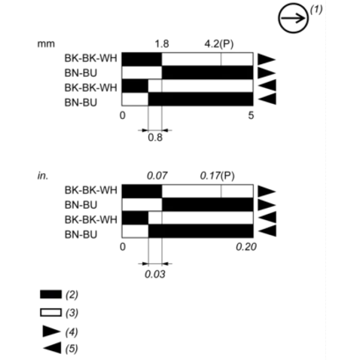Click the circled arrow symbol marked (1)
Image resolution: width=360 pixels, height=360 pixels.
[293, 18]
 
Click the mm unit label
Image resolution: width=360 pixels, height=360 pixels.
[46, 44]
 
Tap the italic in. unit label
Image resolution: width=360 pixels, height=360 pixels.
[43, 176]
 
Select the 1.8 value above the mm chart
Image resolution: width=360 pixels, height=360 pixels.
[162, 44]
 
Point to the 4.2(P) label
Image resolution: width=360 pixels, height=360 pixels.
[219, 44]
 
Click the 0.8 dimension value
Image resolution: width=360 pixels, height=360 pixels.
[155, 137]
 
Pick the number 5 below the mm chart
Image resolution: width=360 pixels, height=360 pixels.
[251, 115]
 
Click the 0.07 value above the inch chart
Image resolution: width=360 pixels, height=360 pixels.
[157, 176]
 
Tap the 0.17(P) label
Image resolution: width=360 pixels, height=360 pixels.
[217, 176]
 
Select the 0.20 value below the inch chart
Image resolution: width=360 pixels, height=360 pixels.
[246, 247]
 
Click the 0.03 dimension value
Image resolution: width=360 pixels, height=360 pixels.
[155, 274]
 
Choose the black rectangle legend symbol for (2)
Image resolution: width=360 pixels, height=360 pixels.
[51, 294]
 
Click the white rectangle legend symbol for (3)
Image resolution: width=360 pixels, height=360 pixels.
[51, 313]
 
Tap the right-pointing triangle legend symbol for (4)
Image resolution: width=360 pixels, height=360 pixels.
[51, 331]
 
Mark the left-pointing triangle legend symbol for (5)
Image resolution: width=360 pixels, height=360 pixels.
[52, 348]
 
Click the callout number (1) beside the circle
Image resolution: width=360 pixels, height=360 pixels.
[316, 10]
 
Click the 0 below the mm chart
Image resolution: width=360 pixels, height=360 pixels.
[122, 115]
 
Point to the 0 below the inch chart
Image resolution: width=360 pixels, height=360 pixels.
[122, 247]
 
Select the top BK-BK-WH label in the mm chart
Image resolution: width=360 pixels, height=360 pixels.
[91, 58]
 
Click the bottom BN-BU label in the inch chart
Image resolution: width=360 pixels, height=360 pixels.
[81, 235]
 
